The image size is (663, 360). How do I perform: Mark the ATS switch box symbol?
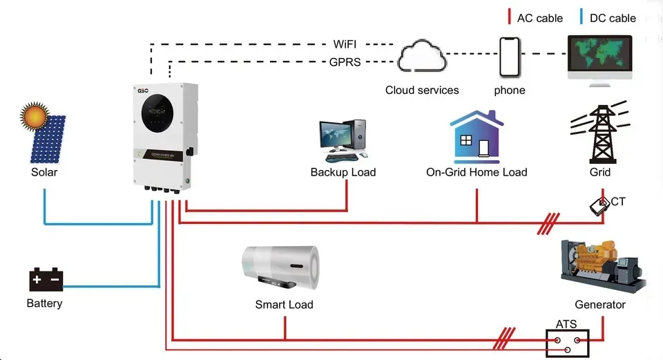click(x=568, y=343)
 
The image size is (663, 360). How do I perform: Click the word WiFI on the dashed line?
click(x=345, y=44)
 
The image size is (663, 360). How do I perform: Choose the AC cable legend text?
click(x=539, y=18)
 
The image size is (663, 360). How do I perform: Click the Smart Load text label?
click(x=284, y=305)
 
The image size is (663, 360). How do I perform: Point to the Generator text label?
click(x=600, y=305)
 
